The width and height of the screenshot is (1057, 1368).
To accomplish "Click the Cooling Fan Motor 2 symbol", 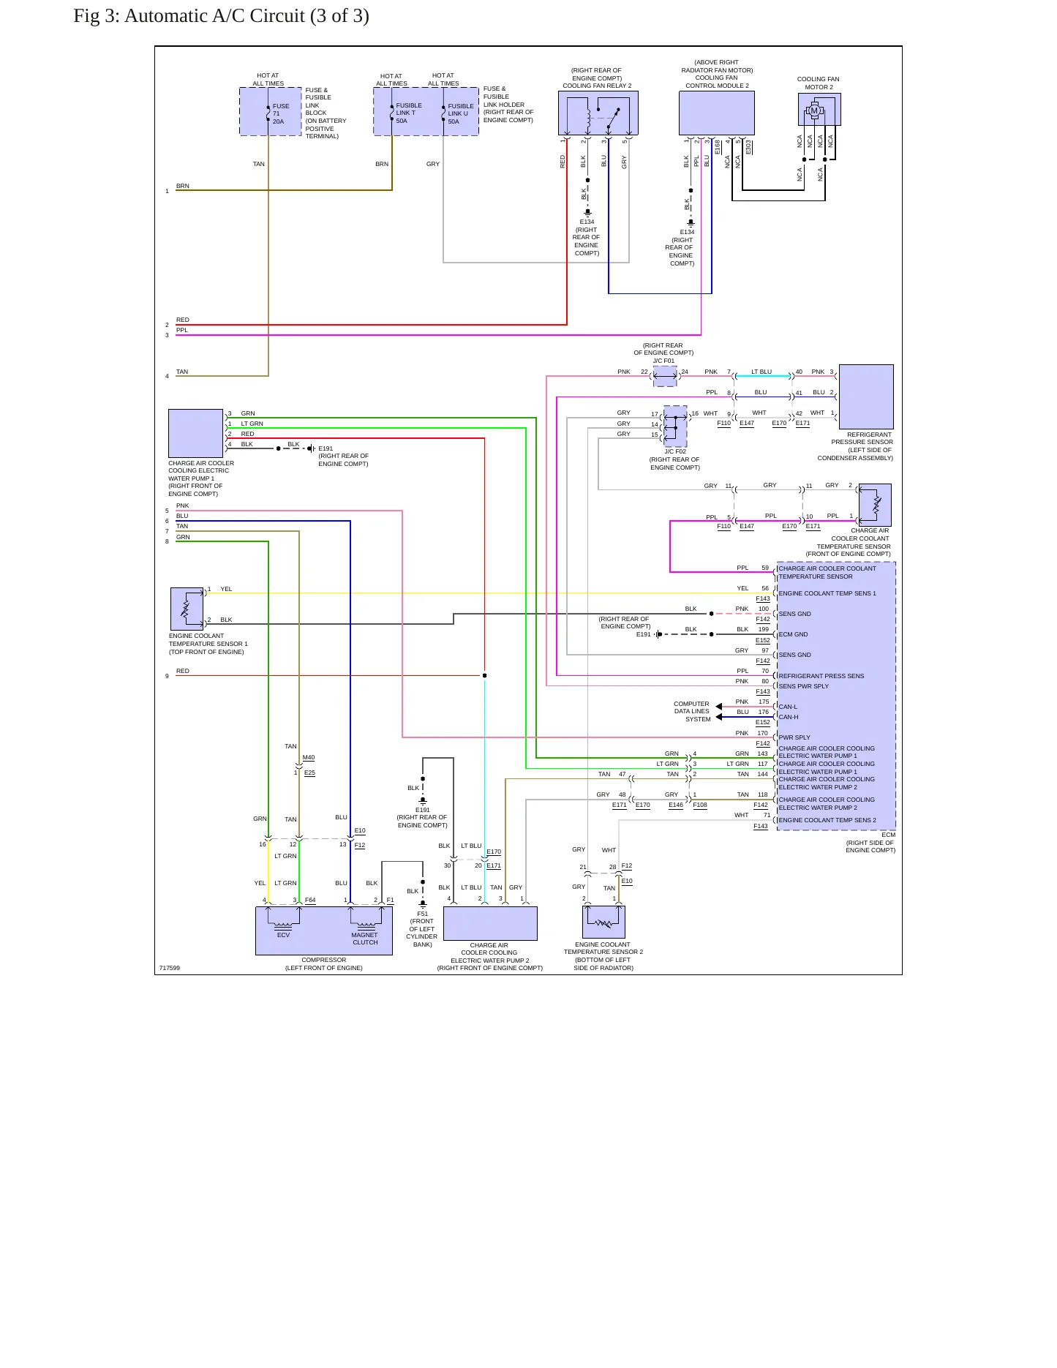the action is [819, 110].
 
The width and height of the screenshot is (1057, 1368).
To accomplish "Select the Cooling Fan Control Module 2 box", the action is [717, 113].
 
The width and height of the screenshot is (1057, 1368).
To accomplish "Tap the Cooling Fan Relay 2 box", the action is [598, 113].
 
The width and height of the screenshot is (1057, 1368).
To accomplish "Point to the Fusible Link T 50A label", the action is [409, 113].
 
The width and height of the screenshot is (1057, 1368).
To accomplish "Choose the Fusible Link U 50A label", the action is [461, 113].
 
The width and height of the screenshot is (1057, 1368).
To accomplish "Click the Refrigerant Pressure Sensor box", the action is [866, 397].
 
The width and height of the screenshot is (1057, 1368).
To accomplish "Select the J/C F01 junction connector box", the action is [665, 377].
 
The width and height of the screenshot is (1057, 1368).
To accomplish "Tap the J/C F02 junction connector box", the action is [675, 426].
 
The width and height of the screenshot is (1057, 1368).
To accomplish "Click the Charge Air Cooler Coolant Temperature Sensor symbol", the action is [875, 505].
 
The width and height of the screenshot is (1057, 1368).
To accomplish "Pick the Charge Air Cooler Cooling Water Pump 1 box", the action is [195, 433].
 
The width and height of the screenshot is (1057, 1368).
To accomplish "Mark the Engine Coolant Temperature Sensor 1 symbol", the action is [187, 609].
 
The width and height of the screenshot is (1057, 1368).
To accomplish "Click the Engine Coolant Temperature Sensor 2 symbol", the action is [603, 922].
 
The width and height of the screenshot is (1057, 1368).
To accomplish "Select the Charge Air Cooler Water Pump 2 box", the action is [490, 923].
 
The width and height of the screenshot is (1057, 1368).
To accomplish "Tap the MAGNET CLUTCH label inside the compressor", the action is [364, 939].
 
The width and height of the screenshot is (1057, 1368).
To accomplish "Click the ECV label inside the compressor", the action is [283, 935].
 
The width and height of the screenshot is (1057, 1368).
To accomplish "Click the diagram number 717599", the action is [170, 968].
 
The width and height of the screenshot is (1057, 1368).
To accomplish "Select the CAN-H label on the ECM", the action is [789, 717].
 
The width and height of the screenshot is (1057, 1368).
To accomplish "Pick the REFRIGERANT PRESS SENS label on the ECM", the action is [821, 676].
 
